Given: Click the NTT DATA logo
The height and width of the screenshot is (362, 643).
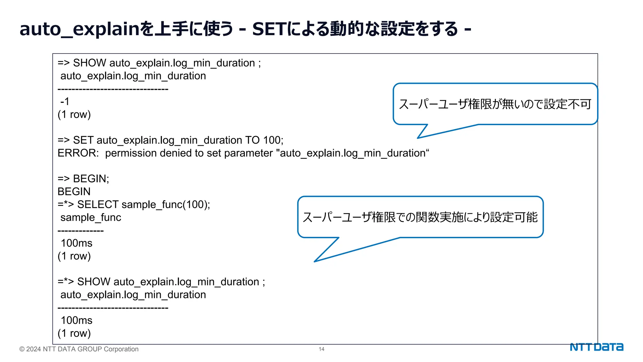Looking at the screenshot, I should (596, 347).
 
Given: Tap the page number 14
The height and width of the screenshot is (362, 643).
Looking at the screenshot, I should (321, 349).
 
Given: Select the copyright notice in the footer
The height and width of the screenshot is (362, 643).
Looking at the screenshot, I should (79, 349).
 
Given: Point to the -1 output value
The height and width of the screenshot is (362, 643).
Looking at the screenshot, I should (65, 101).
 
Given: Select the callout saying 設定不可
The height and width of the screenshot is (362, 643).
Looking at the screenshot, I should (495, 104).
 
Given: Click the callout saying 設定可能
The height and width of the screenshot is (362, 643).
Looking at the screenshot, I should (420, 217).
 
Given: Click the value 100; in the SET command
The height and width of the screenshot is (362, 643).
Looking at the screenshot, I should (273, 140).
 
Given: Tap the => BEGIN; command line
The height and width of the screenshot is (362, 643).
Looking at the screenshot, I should (83, 179).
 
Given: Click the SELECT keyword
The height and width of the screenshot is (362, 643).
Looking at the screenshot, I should (98, 205).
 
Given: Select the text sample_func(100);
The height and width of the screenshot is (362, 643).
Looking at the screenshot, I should (166, 205).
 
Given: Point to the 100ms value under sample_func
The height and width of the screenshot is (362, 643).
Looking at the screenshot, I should (76, 243).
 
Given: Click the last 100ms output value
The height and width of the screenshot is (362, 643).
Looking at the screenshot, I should (76, 321).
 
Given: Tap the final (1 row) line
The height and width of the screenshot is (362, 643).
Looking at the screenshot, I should (74, 333).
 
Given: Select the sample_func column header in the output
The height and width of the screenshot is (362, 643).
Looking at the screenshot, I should (91, 217).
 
